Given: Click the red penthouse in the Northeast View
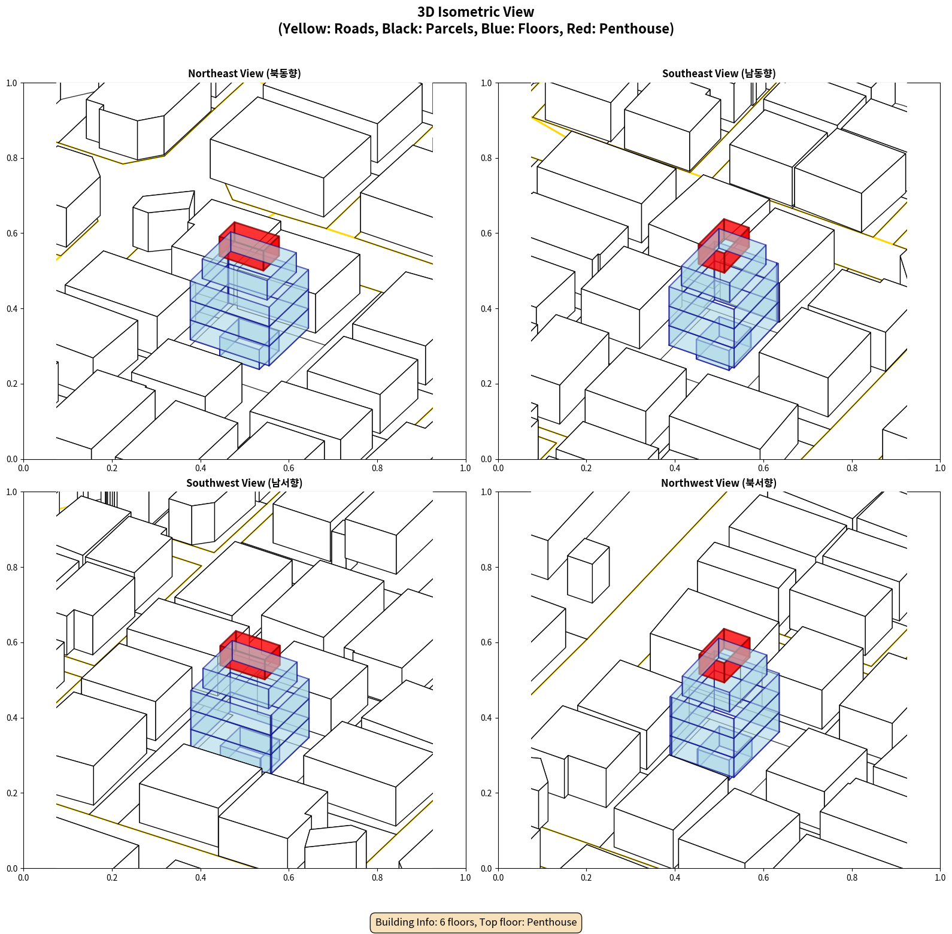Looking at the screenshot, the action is (x=249, y=246).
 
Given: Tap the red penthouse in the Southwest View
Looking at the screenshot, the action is (x=250, y=655).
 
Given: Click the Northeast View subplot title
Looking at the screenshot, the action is (x=244, y=73).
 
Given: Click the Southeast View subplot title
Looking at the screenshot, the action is (x=718, y=73).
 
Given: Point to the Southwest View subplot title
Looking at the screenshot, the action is (x=244, y=483).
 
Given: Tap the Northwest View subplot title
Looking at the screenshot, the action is (x=718, y=483).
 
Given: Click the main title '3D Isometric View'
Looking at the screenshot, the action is (x=476, y=12).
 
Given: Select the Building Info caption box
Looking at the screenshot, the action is (x=476, y=922).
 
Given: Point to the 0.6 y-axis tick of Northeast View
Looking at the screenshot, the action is (x=12, y=233).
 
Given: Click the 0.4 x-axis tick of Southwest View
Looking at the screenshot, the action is (x=201, y=878).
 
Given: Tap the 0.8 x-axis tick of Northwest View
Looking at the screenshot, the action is (x=852, y=878).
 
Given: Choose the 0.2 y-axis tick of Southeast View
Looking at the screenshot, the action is (x=487, y=384).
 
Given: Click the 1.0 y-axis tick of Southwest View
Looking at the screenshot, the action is (x=12, y=492).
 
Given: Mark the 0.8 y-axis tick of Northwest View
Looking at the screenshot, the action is (x=487, y=568).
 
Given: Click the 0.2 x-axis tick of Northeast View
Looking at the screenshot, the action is (x=112, y=468).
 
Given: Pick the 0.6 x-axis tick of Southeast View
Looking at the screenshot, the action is (x=763, y=468).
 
